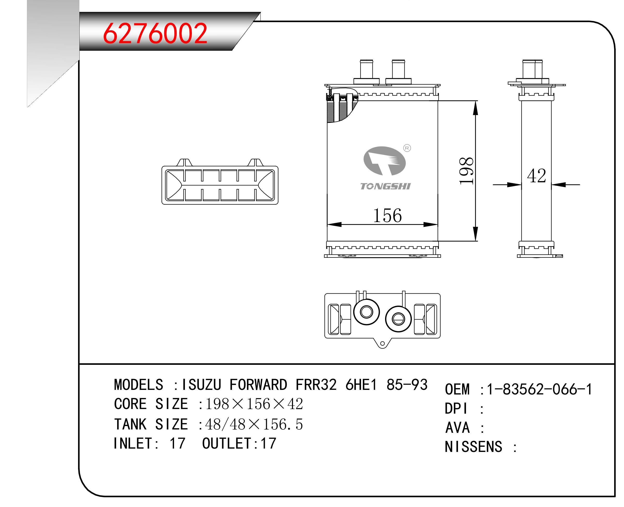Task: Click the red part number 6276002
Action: pyautogui.click(x=155, y=33)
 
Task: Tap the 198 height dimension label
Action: pyautogui.click(x=466, y=171)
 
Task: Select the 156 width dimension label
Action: pyautogui.click(x=387, y=216)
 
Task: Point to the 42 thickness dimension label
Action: pyautogui.click(x=536, y=176)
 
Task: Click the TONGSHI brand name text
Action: pyautogui.click(x=385, y=187)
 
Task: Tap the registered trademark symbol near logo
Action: pyautogui.click(x=407, y=148)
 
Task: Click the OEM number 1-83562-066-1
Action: pyautogui.click(x=539, y=390)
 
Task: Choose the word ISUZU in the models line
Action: pyautogui.click(x=201, y=385)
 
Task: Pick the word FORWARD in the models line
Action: pyautogui.click(x=258, y=385)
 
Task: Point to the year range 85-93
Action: pyautogui.click(x=407, y=385)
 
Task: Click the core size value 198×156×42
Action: pyautogui.click(x=254, y=404)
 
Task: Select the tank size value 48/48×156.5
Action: pyautogui.click(x=254, y=424)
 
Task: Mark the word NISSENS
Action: pyautogui.click(x=473, y=447)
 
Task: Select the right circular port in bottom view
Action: pyautogui.click(x=398, y=319)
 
